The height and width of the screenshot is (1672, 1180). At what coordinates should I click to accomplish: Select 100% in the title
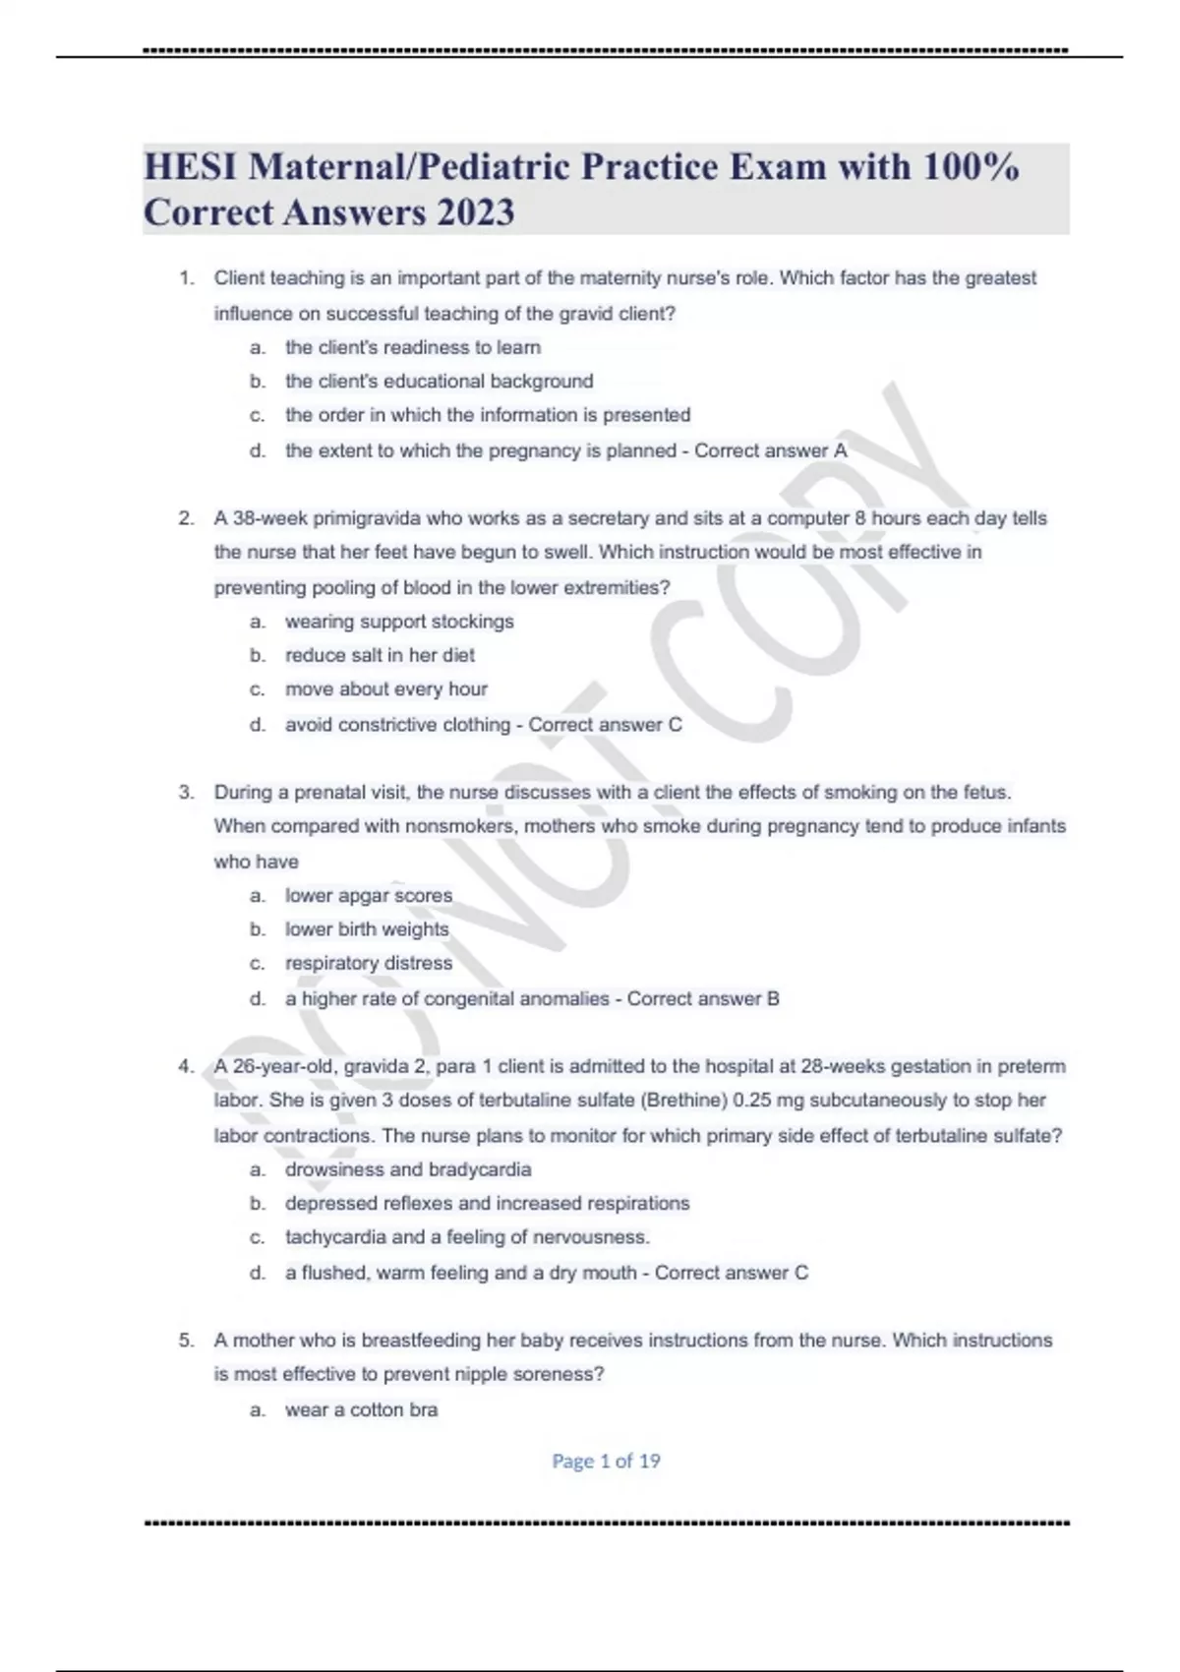971,167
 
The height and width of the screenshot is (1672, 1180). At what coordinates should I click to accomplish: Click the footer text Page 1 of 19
606,1462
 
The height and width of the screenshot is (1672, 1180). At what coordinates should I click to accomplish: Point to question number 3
186,793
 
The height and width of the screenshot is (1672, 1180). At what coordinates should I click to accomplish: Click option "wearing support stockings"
399,622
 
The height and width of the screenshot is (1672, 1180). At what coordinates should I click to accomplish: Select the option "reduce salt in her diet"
380,655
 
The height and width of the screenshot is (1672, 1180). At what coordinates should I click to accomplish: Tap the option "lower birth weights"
367,929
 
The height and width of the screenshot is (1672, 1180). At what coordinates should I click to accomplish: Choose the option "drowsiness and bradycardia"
408,1169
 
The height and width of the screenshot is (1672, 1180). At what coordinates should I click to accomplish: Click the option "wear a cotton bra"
361,1409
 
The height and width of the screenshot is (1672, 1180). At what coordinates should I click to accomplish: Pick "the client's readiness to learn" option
413,347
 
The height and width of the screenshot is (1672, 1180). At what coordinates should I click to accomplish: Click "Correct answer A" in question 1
770,450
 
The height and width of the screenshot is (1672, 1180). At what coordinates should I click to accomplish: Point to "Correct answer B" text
703,998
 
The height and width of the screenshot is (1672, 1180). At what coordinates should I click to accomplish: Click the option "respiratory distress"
369,963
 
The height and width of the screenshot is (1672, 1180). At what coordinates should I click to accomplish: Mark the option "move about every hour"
386,689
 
